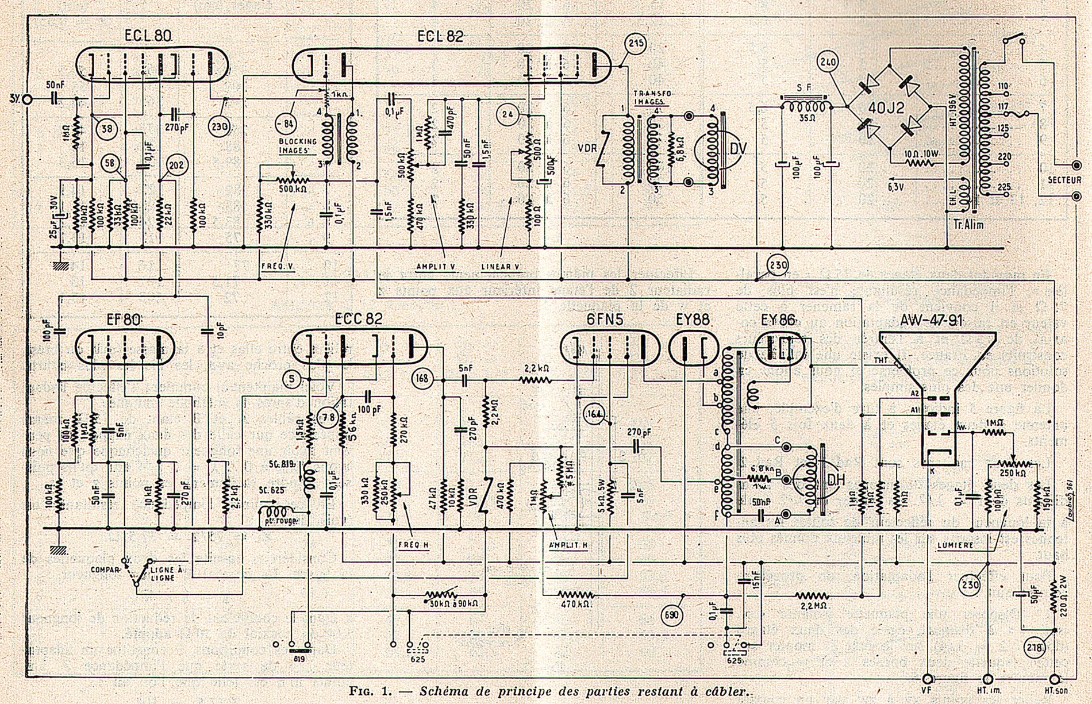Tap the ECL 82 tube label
coord(440,36)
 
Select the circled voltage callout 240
coord(829,61)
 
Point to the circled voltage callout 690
coord(672,615)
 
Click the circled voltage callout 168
coord(422,378)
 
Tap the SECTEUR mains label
coord(1064,180)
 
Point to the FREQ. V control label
coord(278,266)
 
